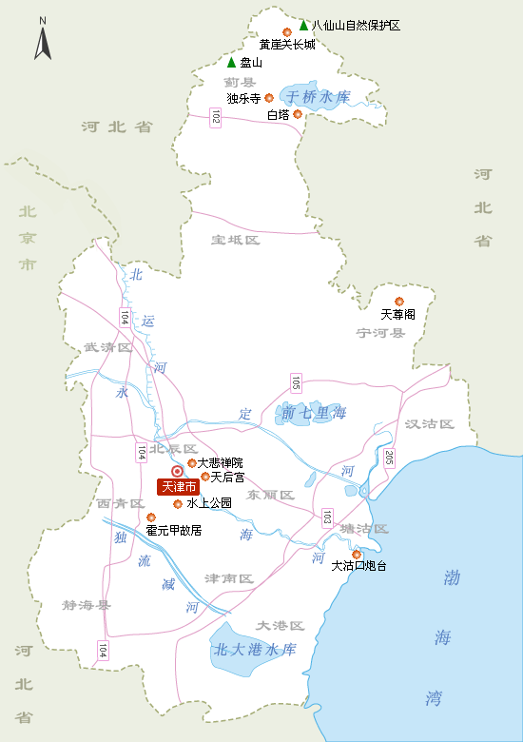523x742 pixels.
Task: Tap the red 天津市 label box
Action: (x=177, y=486)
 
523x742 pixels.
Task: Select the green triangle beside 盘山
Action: (x=231, y=63)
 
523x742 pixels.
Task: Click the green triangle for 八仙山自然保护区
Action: (x=303, y=26)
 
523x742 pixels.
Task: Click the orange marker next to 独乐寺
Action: (x=269, y=98)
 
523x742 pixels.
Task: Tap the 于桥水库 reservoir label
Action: (x=320, y=97)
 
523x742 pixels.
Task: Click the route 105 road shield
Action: (x=297, y=383)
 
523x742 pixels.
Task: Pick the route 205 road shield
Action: (x=388, y=458)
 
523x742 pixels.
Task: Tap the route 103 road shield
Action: (x=327, y=517)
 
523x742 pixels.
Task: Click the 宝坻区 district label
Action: (x=236, y=240)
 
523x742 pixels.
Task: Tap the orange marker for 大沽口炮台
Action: (x=357, y=555)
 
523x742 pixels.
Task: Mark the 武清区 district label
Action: (x=107, y=347)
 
